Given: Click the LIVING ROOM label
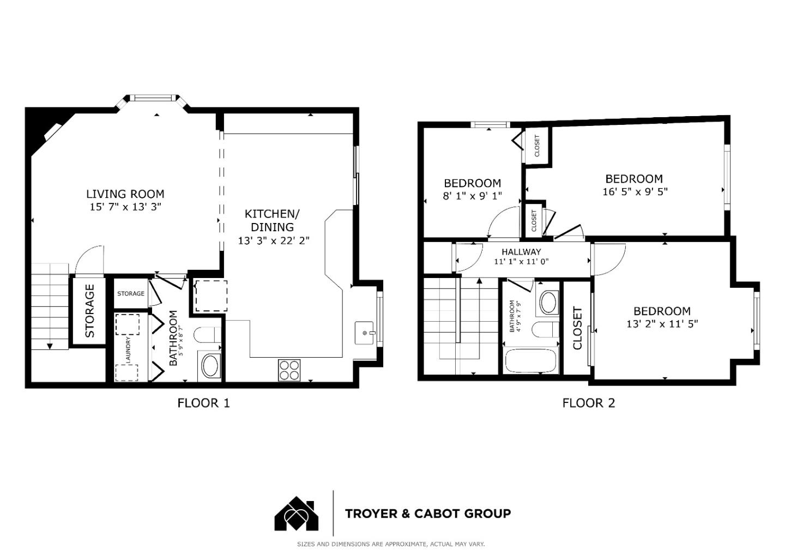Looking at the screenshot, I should pos(125,194).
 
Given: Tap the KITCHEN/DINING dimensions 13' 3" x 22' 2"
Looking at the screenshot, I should pos(274,240).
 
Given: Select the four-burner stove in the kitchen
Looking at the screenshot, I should pos(289,370).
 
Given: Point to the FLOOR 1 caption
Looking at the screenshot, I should pos(203,403).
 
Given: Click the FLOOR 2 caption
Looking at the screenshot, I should pos(588,403).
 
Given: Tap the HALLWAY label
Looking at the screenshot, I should pos(521,251).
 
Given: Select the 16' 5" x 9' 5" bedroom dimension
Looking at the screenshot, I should pos(635,192).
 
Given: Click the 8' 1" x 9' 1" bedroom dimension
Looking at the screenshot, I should pos(472,196).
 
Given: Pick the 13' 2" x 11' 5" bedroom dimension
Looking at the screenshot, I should pos(662,324).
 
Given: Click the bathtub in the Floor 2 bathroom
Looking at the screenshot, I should pos(530,361).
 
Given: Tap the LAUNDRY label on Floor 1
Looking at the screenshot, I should pos(128,350).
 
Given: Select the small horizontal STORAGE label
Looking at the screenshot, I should pos(131,294).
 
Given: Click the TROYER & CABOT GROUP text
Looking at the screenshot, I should pos(427,514).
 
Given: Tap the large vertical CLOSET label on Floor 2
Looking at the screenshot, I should pos(577,328).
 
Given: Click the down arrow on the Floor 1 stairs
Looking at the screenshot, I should pos(50,346).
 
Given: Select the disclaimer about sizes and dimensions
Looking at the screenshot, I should pos(390,544).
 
